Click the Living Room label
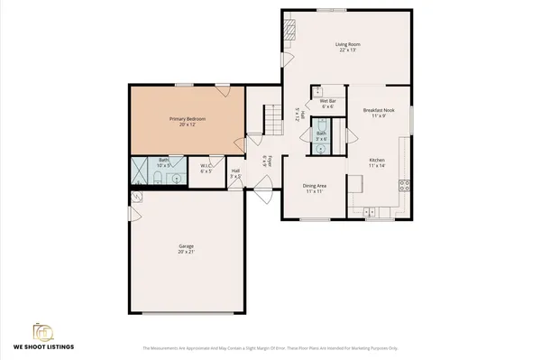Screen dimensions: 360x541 pyautogui.click(x=348, y=42)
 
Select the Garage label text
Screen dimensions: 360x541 pyautogui.click(x=186, y=245)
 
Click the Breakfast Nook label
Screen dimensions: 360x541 pyautogui.click(x=378, y=110)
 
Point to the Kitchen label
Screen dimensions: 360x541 pyautogui.click(x=377, y=161)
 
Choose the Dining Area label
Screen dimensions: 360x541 pyautogui.click(x=315, y=186)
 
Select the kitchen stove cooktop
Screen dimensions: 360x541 pyautogui.click(x=405, y=186)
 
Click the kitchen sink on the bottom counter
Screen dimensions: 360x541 pyautogui.click(x=370, y=213)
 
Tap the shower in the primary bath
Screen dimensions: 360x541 pyautogui.click(x=142, y=170)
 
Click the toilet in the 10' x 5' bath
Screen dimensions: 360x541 pyautogui.click(x=159, y=178)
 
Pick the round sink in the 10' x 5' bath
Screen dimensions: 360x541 pyautogui.click(x=177, y=178)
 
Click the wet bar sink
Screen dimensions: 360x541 pyautogui.click(x=316, y=91)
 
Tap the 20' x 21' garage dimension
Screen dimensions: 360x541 pyautogui.click(x=186, y=252)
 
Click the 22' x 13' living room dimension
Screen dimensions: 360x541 pyautogui.click(x=348, y=49)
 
